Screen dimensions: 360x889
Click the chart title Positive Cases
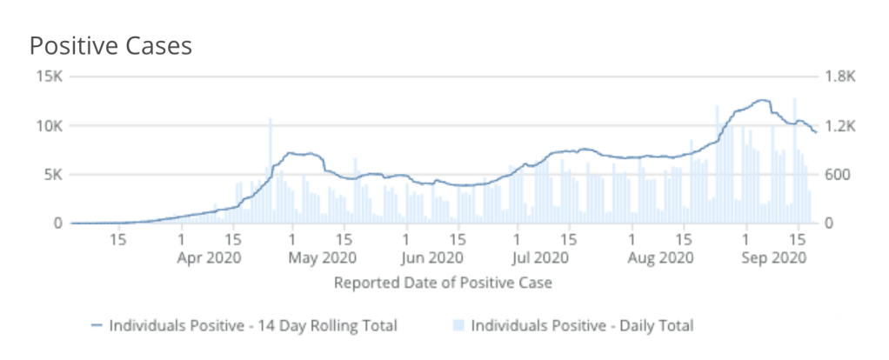(x=110, y=46)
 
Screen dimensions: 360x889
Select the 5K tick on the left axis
(x=52, y=175)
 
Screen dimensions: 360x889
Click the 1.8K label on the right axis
(x=841, y=77)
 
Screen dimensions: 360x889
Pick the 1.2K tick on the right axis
(x=841, y=125)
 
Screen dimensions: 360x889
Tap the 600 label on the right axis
(x=839, y=175)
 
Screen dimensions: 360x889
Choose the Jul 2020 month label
(x=540, y=257)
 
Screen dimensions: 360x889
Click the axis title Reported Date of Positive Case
(x=444, y=283)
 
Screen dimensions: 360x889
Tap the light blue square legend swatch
(x=458, y=326)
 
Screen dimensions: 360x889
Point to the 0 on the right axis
(x=831, y=223)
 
